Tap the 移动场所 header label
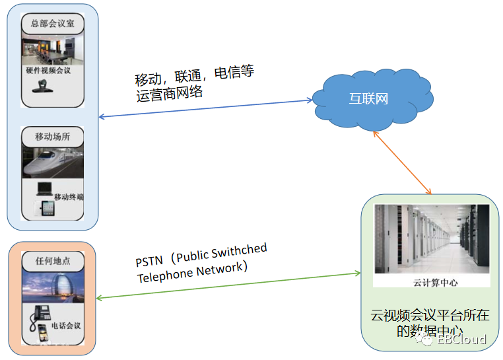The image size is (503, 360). (52, 137)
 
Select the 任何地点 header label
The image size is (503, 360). (52, 260)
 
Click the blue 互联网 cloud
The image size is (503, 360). (369, 99)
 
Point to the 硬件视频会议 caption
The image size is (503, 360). (49, 70)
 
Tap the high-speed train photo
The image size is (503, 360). (52, 162)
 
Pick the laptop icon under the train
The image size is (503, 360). (44, 188)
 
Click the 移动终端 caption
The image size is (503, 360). (69, 197)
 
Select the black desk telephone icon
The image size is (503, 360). (42, 314)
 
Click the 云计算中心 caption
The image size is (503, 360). (431, 282)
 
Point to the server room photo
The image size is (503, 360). (431, 238)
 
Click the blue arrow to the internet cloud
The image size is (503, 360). (205, 109)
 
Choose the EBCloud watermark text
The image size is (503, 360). (462, 340)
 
